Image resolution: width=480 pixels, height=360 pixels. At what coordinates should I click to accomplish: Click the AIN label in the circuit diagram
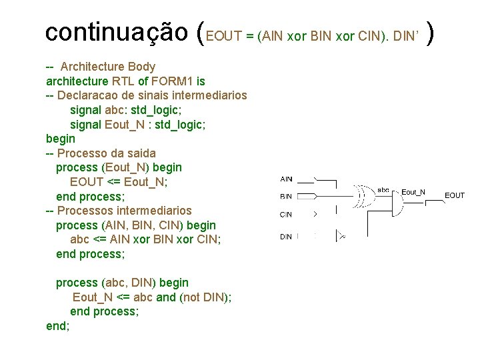(286, 179)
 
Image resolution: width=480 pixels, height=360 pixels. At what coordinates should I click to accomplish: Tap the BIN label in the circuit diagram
(286, 197)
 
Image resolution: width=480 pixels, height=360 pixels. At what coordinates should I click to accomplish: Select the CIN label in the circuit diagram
(286, 215)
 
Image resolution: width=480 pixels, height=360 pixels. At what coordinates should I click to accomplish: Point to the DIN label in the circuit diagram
(286, 236)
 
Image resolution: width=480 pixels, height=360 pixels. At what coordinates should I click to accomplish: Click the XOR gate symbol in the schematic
(365, 196)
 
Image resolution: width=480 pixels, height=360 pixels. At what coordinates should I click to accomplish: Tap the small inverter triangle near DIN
(341, 235)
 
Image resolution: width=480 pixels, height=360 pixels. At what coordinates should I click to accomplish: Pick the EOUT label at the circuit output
(455, 195)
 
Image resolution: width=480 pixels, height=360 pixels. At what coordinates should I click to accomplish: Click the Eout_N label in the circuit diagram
(413, 192)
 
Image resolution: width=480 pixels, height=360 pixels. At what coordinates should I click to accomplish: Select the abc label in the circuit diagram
(383, 189)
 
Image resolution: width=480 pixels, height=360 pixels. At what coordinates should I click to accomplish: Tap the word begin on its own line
(61, 139)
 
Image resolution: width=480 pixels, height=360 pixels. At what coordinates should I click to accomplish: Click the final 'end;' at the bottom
(57, 326)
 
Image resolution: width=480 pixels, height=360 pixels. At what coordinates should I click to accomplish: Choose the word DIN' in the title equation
(405, 37)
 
